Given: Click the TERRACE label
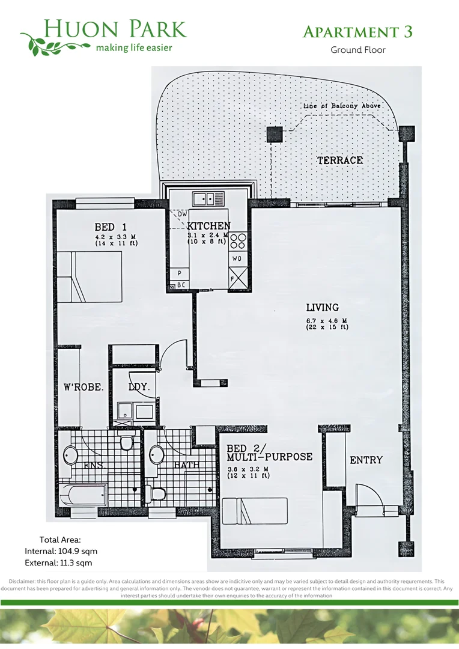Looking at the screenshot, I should (339, 160).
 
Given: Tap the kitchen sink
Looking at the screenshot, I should (208, 198).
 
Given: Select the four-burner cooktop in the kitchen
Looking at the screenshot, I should (239, 240).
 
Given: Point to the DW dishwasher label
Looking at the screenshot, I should (182, 213).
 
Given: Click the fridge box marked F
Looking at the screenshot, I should (239, 278).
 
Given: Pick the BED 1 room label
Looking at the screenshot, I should (111, 227).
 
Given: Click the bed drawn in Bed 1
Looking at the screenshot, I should (90, 276).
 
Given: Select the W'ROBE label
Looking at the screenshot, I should (84, 387).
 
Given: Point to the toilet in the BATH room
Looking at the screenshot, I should (157, 494).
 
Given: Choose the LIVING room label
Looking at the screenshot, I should (322, 307).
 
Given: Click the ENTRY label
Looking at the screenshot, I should (366, 460).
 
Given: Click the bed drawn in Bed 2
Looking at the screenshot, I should (255, 511).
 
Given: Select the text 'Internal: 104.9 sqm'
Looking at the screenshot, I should (61, 551).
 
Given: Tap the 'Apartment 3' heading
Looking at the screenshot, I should (357, 32).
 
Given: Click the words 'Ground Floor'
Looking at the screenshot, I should (358, 50).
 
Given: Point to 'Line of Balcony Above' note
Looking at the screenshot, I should (342, 106).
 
